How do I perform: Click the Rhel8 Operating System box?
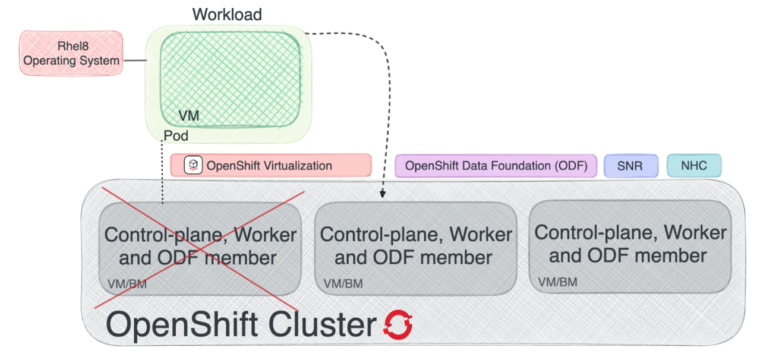point(71,53)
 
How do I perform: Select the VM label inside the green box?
point(188,116)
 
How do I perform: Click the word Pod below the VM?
point(176,136)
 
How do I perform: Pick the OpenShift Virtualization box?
point(271,165)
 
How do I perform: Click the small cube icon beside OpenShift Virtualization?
point(193,165)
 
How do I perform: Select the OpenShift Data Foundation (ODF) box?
point(496,165)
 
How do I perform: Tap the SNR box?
point(630,166)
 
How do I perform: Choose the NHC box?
point(694,166)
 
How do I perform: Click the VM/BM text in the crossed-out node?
point(127,285)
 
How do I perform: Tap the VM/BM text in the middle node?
point(343,285)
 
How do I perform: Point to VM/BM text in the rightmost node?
point(557,282)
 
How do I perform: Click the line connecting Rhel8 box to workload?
point(135,61)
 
